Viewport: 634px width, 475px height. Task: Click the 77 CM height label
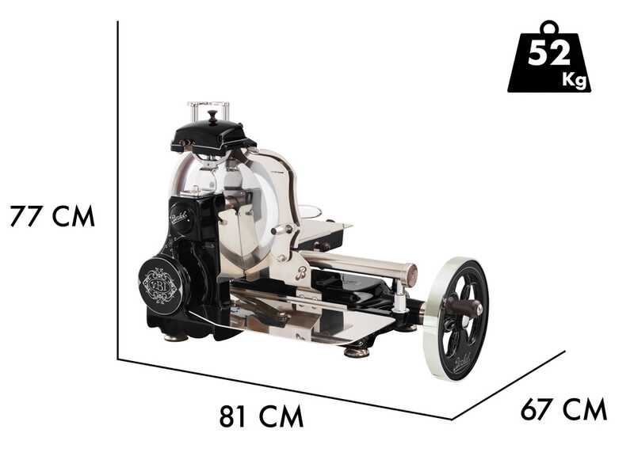(52, 216)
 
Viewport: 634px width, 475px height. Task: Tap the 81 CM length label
(262, 416)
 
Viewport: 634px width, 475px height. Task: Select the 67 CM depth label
(563, 409)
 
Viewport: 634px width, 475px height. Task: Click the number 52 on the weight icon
(548, 53)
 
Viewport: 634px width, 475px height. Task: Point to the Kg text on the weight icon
(574, 79)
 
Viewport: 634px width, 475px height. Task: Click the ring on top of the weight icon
(549, 28)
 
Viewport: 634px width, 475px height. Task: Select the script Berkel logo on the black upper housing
(180, 217)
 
